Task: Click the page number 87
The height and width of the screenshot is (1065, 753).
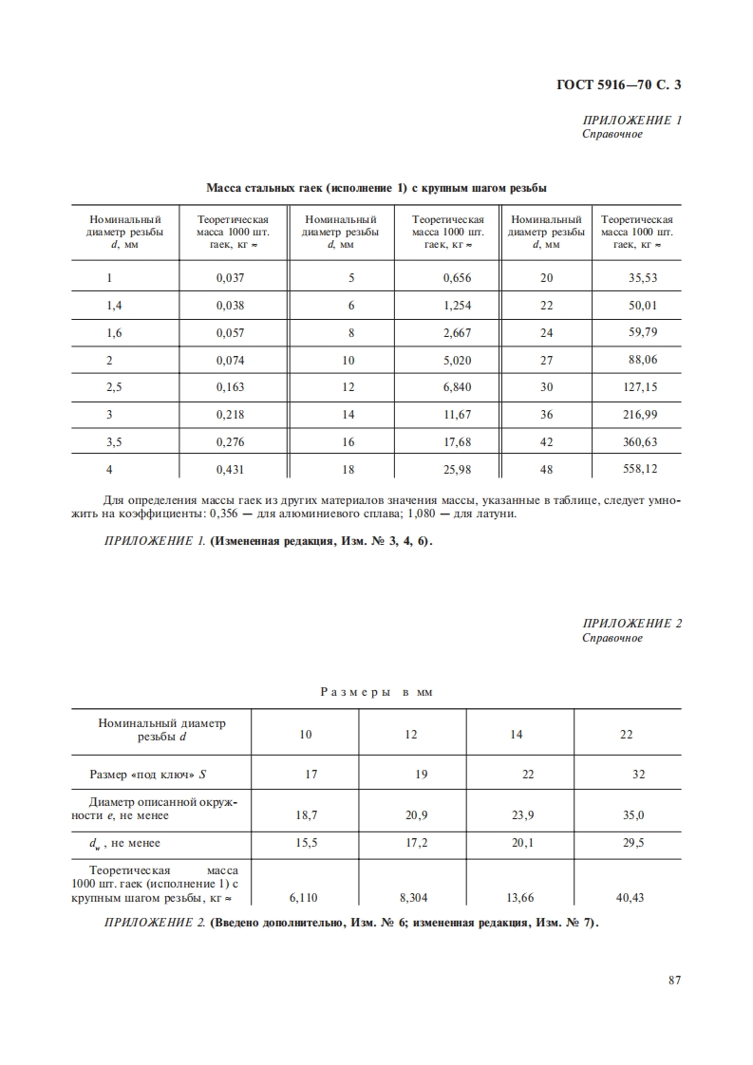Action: pyautogui.click(x=675, y=981)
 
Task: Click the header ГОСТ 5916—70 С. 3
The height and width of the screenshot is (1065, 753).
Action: pyautogui.click(x=619, y=85)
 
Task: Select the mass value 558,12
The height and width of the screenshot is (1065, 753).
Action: pyautogui.click(x=637, y=469)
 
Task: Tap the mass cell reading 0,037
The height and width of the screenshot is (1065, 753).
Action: pyautogui.click(x=231, y=278)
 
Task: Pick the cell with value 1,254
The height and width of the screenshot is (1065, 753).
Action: pyautogui.click(x=457, y=306)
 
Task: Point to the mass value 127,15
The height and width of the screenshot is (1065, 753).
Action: pyautogui.click(x=637, y=387)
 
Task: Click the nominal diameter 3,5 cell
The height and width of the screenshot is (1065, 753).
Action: pyautogui.click(x=110, y=441)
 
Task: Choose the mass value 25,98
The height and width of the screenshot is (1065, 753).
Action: pyautogui.click(x=457, y=469)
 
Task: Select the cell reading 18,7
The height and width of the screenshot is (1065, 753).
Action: pyautogui.click(x=305, y=814)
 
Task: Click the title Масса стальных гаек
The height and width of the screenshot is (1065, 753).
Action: pyautogui.click(x=376, y=187)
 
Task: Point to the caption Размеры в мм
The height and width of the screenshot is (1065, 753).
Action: pyautogui.click(x=376, y=693)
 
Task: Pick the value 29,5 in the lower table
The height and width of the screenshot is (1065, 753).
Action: pyautogui.click(x=633, y=842)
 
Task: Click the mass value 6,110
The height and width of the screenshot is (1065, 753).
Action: pyautogui.click(x=305, y=896)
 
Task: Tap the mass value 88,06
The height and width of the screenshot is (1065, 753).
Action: pyautogui.click(x=637, y=360)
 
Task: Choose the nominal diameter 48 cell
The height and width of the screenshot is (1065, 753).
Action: pyautogui.click(x=546, y=469)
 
